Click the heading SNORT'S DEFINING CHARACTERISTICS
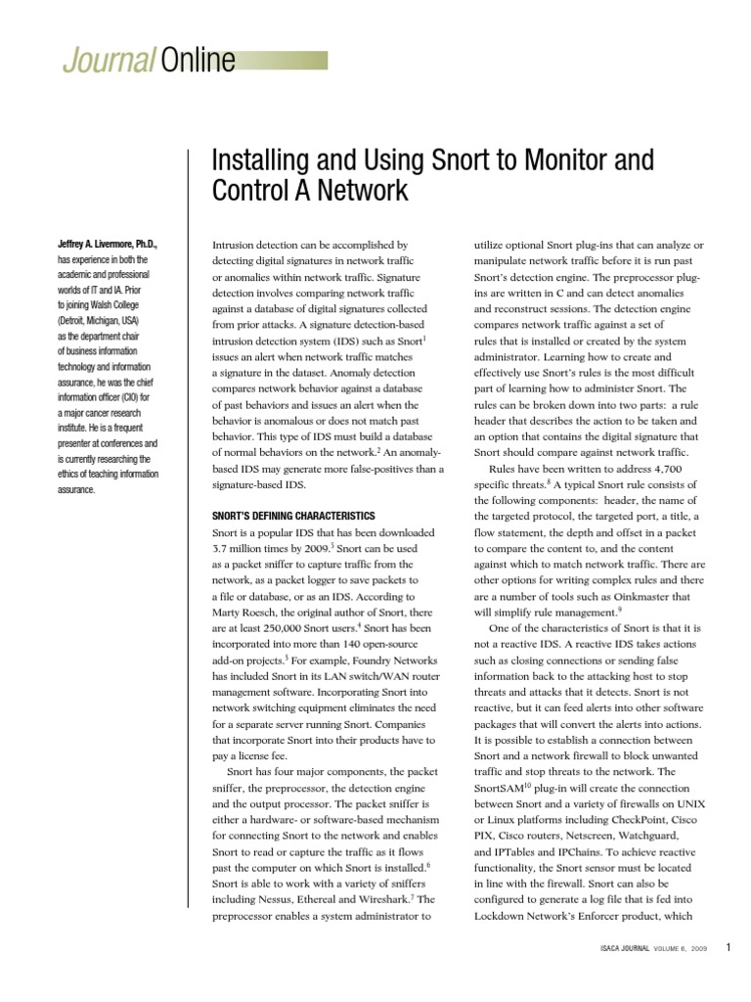[293, 516]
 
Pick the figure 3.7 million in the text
[243, 550]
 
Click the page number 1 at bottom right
[729, 947]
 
